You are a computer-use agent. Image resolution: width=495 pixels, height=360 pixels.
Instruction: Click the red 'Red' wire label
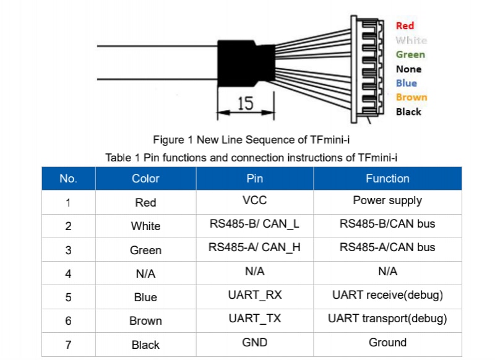coord(405,25)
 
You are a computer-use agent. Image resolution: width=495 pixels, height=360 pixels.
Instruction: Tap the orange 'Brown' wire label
coord(411,97)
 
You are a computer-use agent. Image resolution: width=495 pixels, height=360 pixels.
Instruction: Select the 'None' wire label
coord(408,69)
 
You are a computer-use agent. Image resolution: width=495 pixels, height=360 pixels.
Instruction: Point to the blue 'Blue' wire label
coord(407,83)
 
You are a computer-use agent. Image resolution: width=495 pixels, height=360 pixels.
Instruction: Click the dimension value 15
coord(246,103)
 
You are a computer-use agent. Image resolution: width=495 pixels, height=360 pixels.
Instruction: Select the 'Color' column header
coord(145,179)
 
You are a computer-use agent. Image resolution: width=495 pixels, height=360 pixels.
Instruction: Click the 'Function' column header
coord(387,179)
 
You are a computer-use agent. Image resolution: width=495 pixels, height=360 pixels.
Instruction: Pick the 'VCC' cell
coord(254,200)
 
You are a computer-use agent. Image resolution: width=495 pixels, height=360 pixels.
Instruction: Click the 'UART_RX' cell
coord(254,295)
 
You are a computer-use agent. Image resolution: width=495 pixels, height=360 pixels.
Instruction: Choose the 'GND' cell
coord(254,342)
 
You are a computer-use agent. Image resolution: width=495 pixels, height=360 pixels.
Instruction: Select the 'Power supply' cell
coord(387,200)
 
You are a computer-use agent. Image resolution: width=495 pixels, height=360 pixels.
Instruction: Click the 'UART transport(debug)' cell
coord(387,319)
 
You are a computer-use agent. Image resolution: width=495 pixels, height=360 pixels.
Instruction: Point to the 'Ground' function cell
coord(387,342)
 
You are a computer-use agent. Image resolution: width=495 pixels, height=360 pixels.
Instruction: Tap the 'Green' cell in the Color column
coord(145,250)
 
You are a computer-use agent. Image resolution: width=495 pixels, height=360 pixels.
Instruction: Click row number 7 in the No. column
coord(68,345)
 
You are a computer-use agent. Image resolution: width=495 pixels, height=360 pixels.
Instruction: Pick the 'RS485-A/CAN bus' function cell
coord(387,247)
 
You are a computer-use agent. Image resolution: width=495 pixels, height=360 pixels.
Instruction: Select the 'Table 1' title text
coord(251,158)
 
